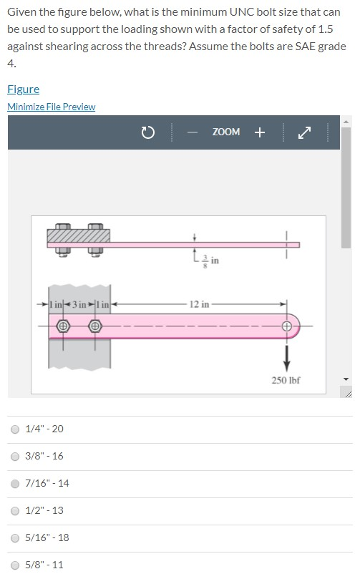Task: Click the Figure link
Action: [23, 89]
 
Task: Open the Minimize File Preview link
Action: [51, 107]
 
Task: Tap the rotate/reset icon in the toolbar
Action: [147, 132]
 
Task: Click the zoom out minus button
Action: [193, 132]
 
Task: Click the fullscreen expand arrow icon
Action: [306, 132]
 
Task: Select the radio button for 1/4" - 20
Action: [14, 429]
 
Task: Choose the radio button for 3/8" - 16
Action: [14, 457]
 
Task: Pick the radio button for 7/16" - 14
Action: [14, 484]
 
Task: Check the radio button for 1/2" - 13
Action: [14, 511]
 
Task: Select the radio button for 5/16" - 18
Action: [14, 538]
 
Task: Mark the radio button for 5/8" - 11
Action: [14, 565]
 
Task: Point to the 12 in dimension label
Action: [200, 304]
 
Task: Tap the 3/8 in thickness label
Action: [208, 261]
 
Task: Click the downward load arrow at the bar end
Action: [288, 354]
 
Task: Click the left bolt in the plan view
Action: [63, 326]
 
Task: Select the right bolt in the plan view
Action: [94, 326]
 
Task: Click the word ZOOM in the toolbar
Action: [225, 132]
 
